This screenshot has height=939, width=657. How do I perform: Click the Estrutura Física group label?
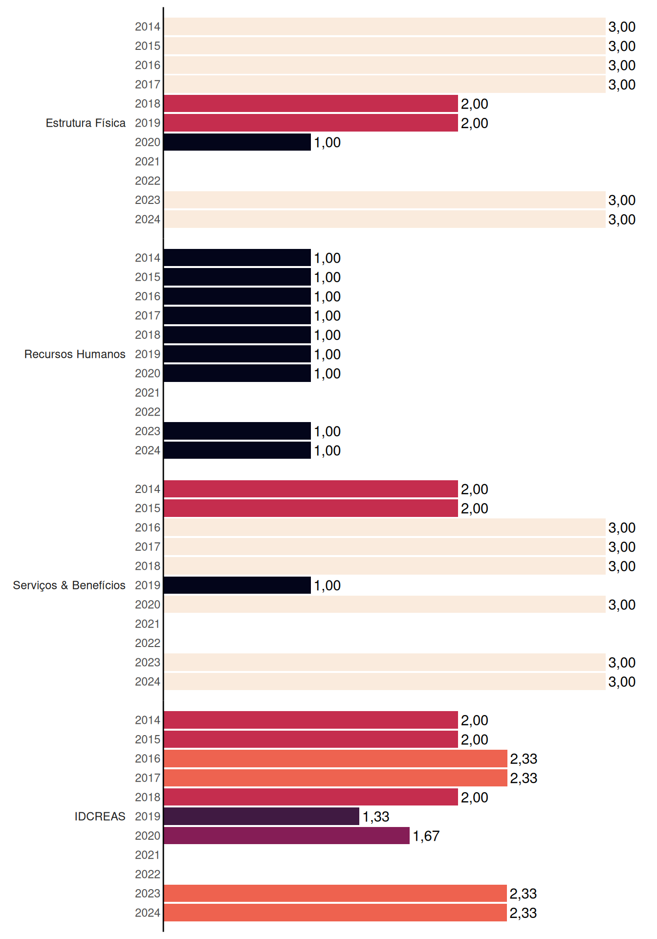coord(86,123)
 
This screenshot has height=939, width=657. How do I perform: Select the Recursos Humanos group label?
coord(75,354)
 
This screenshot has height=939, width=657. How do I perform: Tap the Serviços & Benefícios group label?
coord(69,585)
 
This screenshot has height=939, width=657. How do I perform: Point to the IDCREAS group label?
coord(100,816)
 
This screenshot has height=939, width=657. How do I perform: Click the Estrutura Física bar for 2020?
coord(237,142)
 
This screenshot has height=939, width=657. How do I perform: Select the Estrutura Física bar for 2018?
coord(311,104)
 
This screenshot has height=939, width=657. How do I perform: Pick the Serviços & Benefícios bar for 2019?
coord(237,585)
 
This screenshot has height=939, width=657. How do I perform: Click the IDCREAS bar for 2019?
coord(262,816)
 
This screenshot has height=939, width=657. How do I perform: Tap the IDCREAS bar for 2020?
coord(286,836)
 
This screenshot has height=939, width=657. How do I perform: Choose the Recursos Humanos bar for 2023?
coord(237,431)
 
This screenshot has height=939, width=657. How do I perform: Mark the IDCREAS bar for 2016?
coord(335,759)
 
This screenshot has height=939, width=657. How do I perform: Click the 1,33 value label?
coord(376,817)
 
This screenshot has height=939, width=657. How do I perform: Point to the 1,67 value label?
coord(426,836)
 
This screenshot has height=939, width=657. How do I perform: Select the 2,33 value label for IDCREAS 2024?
coord(523,913)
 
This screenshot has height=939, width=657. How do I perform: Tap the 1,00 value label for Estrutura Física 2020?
coord(327,143)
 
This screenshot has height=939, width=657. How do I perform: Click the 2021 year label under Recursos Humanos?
coord(148,393)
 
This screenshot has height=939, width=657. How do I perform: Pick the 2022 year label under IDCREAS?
coord(148,874)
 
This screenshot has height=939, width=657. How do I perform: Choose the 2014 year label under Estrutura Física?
coord(148,26)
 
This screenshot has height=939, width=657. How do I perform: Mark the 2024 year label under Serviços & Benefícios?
coord(148,682)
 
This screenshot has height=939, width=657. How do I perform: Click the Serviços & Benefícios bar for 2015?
coord(311,508)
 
